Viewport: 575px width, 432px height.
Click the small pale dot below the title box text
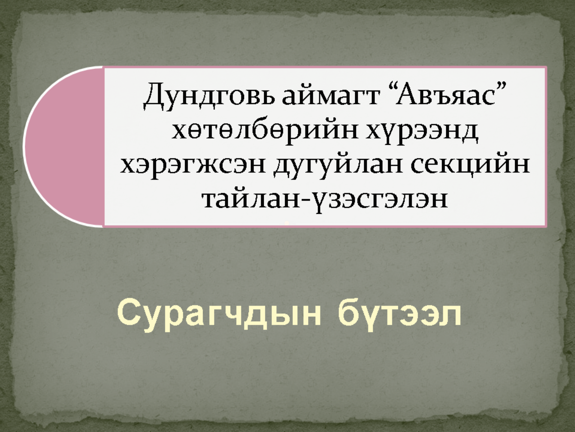click(x=287, y=223)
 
